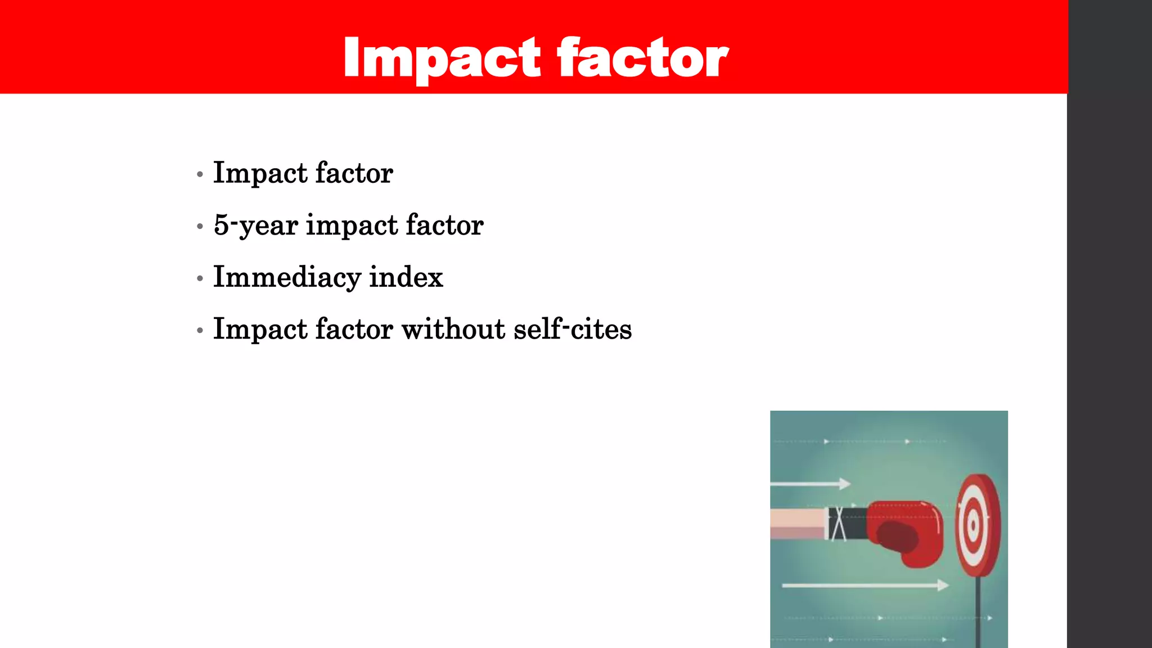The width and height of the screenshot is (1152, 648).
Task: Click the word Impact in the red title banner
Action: pyautogui.click(x=442, y=58)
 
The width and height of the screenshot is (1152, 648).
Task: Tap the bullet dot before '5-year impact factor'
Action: pyautogui.click(x=200, y=227)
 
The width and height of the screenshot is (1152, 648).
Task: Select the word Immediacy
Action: pyautogui.click(x=287, y=277)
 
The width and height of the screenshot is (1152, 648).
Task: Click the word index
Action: pyautogui.click(x=406, y=277)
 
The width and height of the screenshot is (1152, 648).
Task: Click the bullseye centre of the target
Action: pyautogui.click(x=974, y=526)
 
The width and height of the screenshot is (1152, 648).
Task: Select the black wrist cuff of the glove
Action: pyautogui.click(x=847, y=523)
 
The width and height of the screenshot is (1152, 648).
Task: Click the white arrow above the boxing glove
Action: pyautogui.click(x=811, y=484)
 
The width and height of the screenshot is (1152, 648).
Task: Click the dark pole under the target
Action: pyautogui.click(x=978, y=613)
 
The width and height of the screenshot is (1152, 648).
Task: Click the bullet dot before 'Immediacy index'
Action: pyautogui.click(x=200, y=278)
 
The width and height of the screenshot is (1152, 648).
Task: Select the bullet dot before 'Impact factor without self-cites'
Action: pyautogui.click(x=200, y=331)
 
